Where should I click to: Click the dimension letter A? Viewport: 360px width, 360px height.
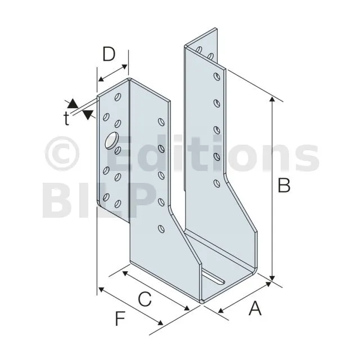coord(255,309)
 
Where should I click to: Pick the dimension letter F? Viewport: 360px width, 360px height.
coord(120,319)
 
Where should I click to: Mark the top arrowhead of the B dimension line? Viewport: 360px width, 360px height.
coord(273,100)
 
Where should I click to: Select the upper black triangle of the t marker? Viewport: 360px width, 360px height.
coord(72,103)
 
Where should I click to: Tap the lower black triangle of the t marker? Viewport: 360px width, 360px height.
coord(88,115)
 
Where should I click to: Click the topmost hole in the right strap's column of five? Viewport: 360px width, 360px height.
coord(216,78)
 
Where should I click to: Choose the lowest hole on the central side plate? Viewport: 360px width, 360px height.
coord(161,228)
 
